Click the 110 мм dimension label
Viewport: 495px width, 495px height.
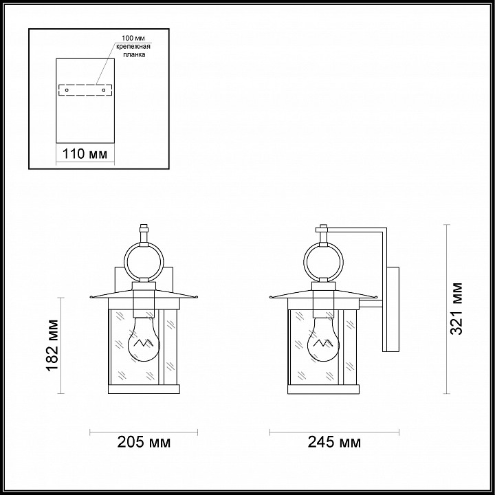pyautogui.click(x=85, y=154)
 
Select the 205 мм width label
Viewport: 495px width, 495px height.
pyautogui.click(x=144, y=442)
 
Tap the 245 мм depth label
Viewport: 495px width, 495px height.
pyautogui.click(x=334, y=442)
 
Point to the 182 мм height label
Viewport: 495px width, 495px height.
pyautogui.click(x=53, y=345)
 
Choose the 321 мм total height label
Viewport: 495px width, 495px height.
pyautogui.click(x=456, y=309)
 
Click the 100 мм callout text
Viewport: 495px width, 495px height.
pyautogui.click(x=133, y=38)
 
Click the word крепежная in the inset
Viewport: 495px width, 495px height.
pyautogui.click(x=133, y=47)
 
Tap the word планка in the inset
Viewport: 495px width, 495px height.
pyautogui.click(x=135, y=54)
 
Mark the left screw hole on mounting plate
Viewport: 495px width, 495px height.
pyautogui.click(x=67, y=90)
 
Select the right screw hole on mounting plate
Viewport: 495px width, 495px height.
pyautogui.click(x=104, y=90)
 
